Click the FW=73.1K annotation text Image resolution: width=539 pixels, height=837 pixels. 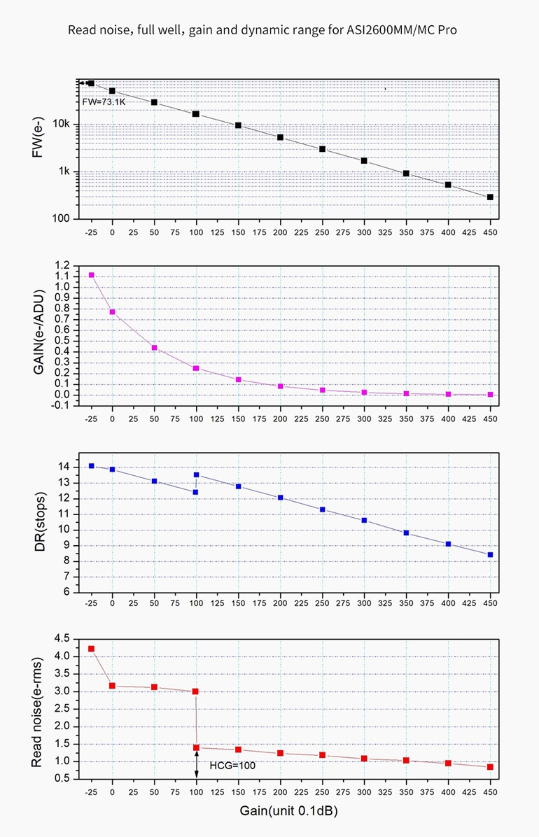[104, 101]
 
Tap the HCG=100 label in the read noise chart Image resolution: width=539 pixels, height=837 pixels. [232, 766]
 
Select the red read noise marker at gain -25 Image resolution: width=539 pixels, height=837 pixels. [91, 649]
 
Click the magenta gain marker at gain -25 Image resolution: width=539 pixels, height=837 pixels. [91, 275]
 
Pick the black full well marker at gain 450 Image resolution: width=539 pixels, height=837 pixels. [490, 197]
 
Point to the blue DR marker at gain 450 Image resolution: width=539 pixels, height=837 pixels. [490, 555]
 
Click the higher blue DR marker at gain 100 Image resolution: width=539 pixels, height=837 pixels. [196, 475]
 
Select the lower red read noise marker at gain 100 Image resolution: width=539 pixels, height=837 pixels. [196, 748]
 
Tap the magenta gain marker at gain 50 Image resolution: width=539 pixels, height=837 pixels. [154, 348]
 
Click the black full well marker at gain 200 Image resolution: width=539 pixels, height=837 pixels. [280, 137]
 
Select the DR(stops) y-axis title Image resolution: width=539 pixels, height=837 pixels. [39, 521]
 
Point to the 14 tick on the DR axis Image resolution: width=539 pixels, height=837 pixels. [64, 467]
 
